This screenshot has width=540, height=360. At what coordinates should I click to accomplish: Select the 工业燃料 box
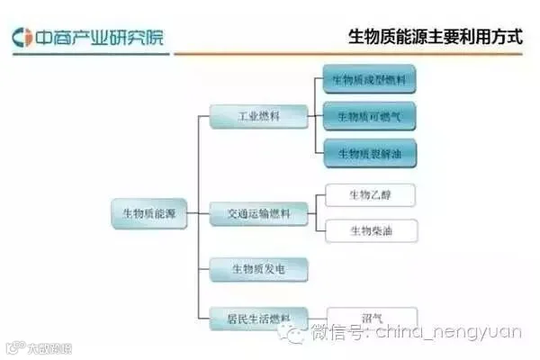click(x=259, y=116)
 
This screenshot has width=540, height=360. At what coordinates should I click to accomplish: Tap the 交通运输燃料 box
click(x=259, y=214)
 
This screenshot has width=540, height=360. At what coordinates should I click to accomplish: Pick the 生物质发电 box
click(x=259, y=267)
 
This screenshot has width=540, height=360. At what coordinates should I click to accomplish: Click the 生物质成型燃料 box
click(x=369, y=80)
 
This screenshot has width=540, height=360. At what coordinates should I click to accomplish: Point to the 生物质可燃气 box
click(x=369, y=116)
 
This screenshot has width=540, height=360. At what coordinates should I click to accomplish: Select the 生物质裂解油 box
click(x=369, y=153)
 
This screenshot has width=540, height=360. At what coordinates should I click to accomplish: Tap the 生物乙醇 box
click(x=371, y=194)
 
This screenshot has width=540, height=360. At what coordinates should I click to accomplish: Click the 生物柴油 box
click(x=371, y=231)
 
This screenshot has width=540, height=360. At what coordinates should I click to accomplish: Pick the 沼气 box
click(x=371, y=317)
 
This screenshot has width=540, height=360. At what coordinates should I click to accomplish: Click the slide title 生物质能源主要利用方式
click(x=436, y=37)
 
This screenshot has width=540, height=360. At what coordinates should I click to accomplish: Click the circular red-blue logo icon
click(x=22, y=38)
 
